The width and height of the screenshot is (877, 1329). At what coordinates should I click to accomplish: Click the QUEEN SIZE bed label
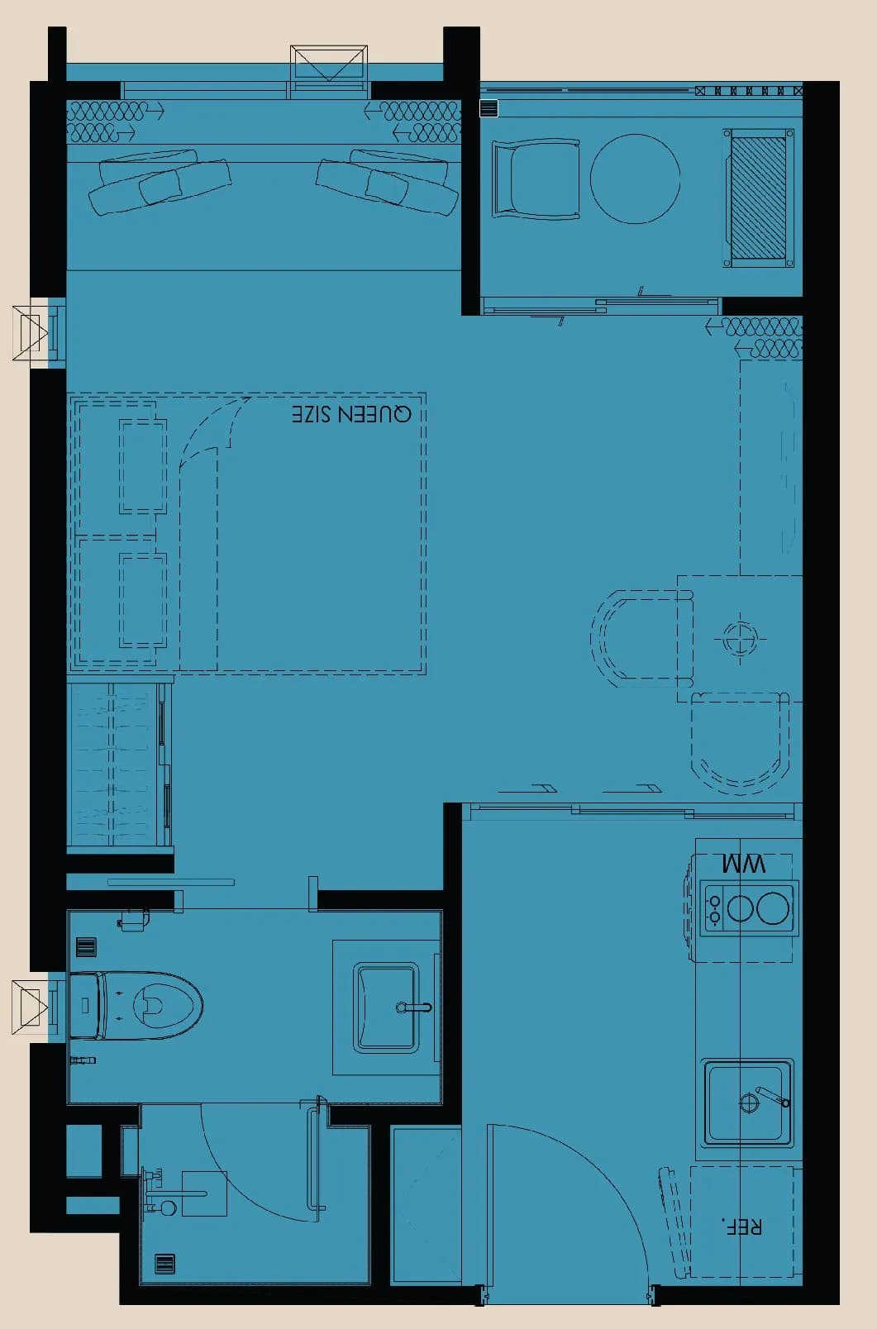351,413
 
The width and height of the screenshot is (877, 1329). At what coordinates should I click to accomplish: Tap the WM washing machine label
743,864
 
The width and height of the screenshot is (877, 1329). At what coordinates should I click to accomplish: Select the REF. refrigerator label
741,1226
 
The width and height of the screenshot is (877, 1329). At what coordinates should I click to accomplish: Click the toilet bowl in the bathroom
136,1006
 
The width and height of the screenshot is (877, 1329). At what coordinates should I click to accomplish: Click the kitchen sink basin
748,1103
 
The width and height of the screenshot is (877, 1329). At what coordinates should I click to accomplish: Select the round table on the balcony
635,179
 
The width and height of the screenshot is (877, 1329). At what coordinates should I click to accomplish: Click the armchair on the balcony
536,178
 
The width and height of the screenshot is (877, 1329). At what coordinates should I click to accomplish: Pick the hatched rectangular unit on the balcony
758,198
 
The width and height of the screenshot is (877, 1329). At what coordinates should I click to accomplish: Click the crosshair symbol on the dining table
740,639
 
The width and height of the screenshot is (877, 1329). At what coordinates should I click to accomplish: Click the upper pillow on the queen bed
143,466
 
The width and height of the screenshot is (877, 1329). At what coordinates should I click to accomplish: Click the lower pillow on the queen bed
143,600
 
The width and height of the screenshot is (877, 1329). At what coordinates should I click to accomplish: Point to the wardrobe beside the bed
119,765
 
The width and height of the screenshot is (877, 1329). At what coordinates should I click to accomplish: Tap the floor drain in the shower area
165,1265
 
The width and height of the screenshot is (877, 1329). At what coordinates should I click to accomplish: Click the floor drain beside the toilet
87,947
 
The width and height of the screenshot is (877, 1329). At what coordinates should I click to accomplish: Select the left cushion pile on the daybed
159,180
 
